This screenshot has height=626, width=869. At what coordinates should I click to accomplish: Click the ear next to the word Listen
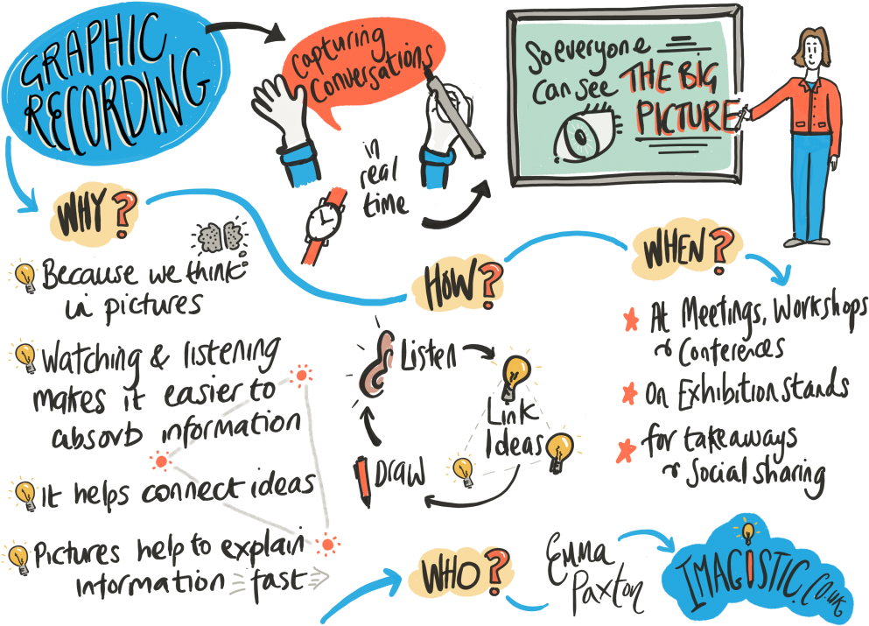(x=377, y=364)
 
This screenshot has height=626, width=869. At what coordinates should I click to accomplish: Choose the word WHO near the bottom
(x=450, y=574)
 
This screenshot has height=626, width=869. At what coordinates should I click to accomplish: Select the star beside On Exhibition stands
(x=629, y=393)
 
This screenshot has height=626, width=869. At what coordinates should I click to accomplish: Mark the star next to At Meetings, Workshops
(x=631, y=320)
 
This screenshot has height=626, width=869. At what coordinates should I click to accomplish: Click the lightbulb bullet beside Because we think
(x=25, y=276)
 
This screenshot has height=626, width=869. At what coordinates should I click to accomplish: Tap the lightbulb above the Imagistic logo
(x=748, y=532)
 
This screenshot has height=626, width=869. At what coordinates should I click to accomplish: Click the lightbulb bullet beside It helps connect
(x=25, y=493)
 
